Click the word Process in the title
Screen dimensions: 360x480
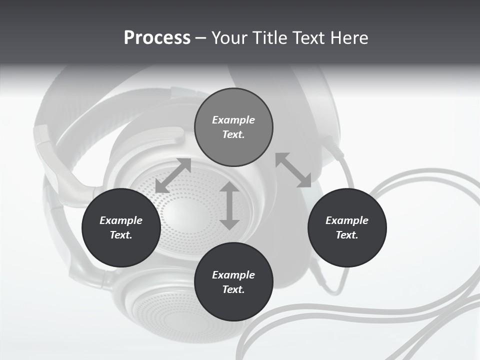tap(157, 38)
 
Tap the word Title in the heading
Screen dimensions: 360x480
tap(270, 38)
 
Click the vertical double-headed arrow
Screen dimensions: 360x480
tap(229, 205)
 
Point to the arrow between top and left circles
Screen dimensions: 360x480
tap(173, 175)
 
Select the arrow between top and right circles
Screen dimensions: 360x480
tap(293, 170)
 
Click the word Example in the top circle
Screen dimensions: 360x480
tap(233, 120)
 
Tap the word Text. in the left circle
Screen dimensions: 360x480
tap(121, 235)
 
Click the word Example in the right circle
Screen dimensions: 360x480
tap(347, 220)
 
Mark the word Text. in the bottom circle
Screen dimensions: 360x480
tap(233, 289)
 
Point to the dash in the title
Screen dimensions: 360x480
tap(200, 38)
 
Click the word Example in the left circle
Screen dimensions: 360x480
tap(121, 220)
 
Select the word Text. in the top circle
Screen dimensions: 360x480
tap(233, 134)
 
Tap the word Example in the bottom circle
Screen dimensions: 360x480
tap(233, 275)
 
